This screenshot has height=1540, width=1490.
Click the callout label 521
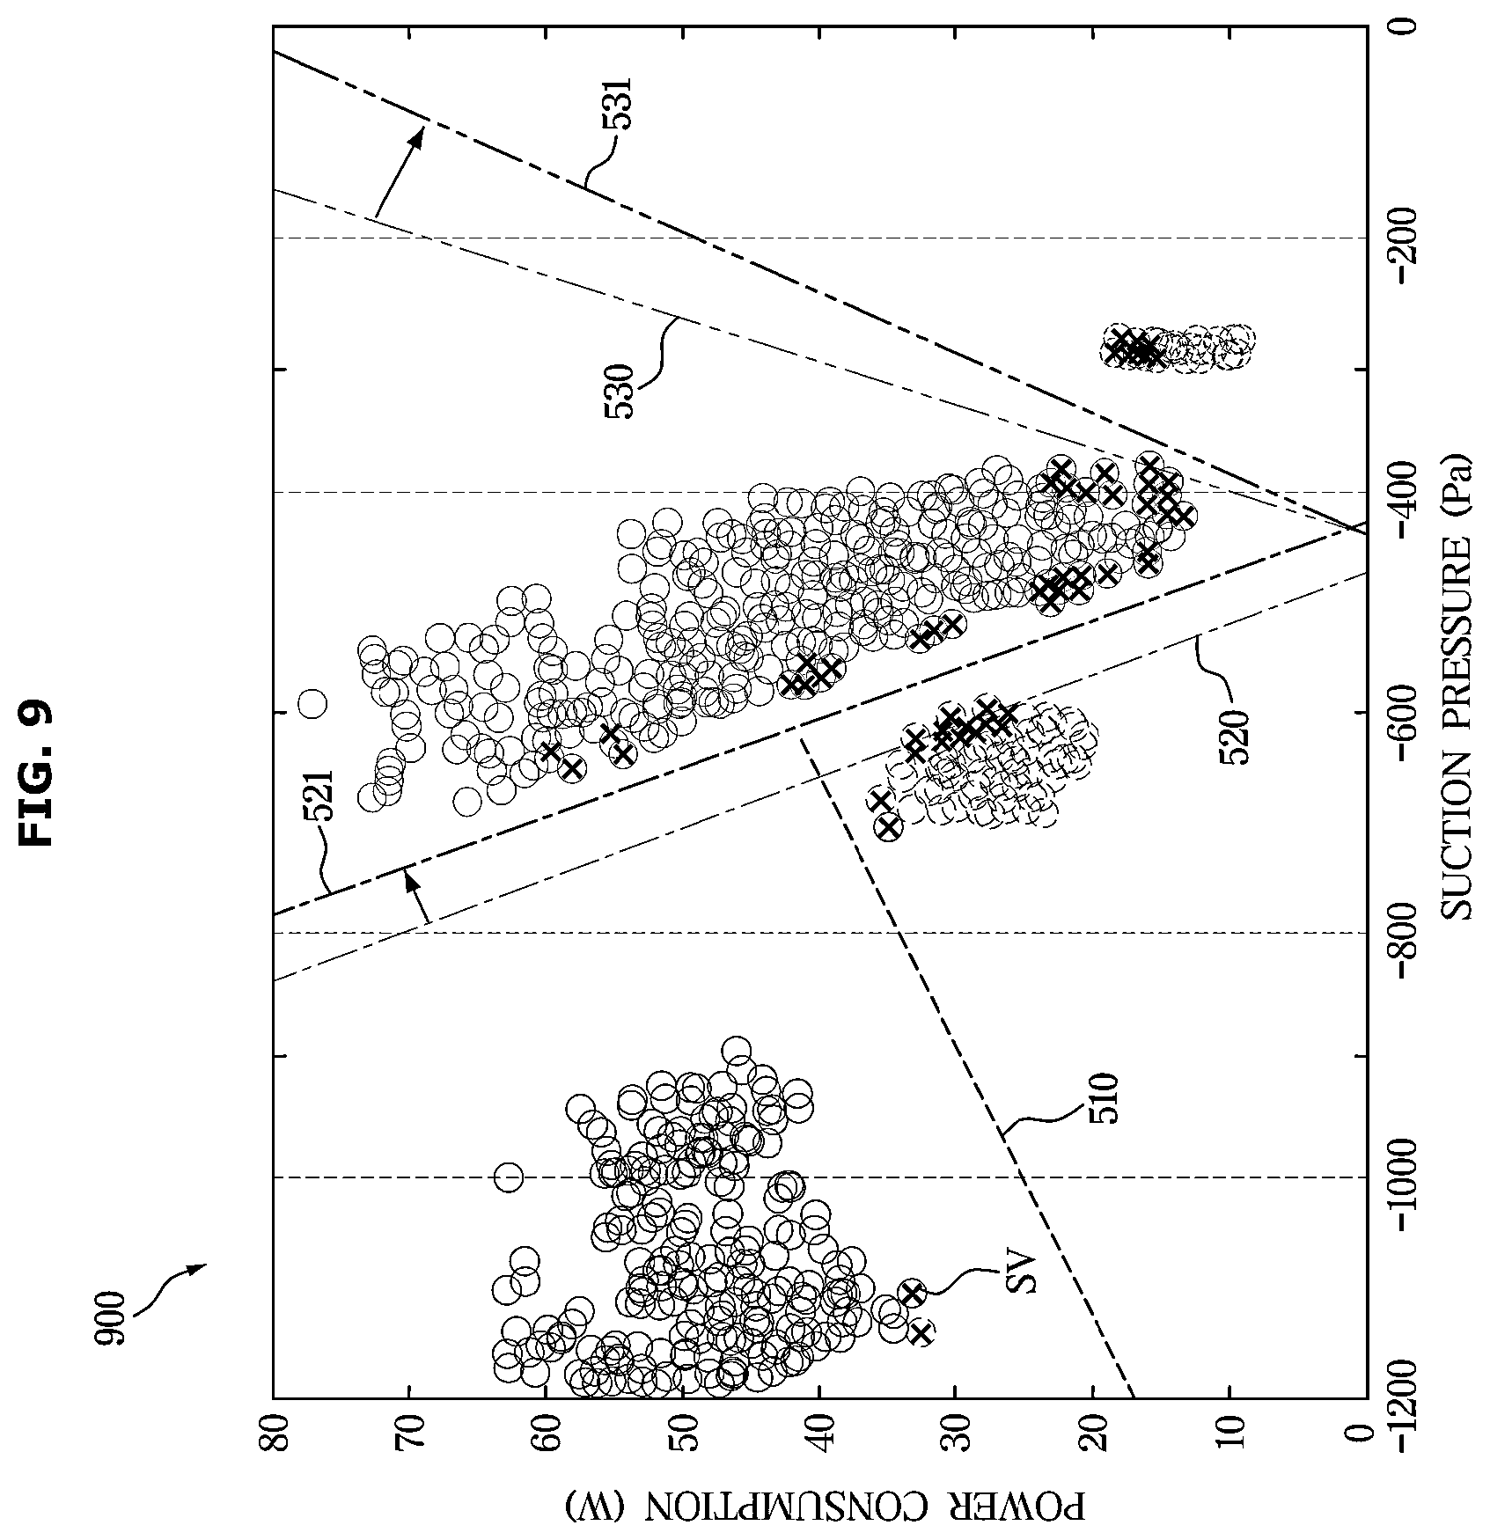click(x=319, y=796)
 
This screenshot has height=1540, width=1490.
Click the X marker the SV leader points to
click(x=912, y=1293)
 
